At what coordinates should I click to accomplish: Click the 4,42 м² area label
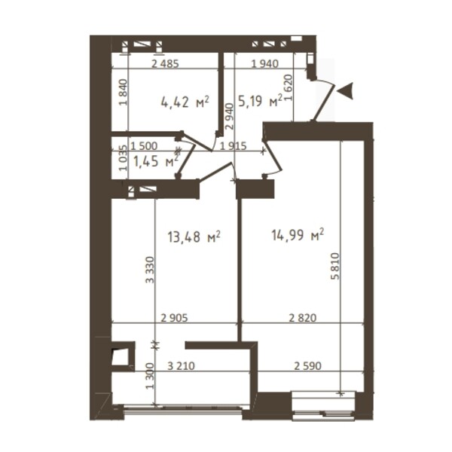coord(185,102)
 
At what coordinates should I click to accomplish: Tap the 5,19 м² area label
coord(260,101)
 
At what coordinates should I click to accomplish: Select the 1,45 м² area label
coord(156,161)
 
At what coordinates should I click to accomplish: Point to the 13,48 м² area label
coord(194,237)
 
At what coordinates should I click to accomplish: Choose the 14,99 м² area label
coord(298,235)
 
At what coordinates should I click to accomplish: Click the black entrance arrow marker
coord(345,91)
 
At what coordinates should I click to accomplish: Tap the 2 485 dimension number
coord(165,64)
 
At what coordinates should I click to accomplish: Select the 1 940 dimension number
coord(265,64)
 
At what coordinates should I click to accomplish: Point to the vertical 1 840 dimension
coord(123,92)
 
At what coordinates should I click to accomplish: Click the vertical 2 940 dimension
coord(230,117)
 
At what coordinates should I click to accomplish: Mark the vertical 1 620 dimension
coord(289,87)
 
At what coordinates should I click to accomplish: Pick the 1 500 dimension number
coord(144,146)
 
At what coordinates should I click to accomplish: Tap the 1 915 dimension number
coord(234,146)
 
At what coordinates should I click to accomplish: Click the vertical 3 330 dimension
coord(150,270)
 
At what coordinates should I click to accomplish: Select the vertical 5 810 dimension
coord(336,266)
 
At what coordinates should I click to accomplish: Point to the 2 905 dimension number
coord(175,318)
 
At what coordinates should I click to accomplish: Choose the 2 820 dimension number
coord(303,318)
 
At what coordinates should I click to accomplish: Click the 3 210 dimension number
coord(181,366)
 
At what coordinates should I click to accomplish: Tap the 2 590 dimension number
coord(308,366)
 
